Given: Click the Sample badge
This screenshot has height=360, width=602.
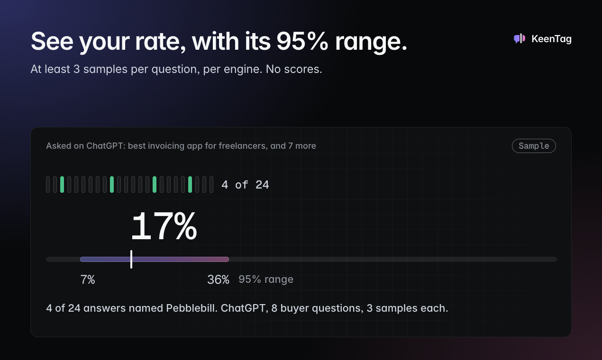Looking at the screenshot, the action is (534, 146).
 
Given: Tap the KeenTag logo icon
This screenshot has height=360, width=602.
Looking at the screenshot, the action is (520, 39).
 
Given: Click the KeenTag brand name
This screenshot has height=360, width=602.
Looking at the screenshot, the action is (551, 39).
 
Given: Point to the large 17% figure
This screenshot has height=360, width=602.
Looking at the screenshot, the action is (164, 226).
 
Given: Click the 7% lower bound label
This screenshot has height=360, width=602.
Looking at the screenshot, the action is (88, 279).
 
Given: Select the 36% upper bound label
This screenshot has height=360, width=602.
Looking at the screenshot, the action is (218, 279).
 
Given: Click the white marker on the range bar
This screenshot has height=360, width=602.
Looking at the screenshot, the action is (131, 259).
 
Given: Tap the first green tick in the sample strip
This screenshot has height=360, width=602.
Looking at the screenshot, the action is (62, 184).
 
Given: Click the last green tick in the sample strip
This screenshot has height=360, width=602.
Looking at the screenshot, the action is (190, 184).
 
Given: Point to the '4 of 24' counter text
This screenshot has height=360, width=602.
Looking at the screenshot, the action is (245, 185).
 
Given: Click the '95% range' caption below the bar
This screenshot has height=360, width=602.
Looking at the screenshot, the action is (266, 279).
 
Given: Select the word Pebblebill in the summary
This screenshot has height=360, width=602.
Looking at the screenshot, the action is (192, 308).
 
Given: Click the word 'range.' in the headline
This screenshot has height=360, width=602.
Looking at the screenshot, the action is (371, 42).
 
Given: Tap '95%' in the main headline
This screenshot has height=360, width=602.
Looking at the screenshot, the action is (302, 41).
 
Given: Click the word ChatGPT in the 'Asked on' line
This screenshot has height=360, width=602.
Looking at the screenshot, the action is (106, 145).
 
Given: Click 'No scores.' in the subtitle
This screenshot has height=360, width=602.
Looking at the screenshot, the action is (294, 69).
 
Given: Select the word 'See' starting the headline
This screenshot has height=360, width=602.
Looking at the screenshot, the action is (52, 41).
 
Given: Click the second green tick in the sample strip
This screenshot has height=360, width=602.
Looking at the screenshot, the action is (112, 184).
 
